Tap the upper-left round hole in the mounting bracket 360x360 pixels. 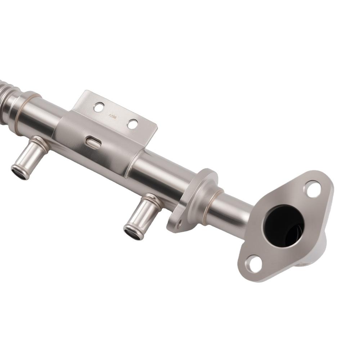tap(98, 107)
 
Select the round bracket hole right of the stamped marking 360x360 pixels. tap(132, 124)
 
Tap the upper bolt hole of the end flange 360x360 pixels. tap(312, 189)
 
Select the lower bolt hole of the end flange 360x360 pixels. tap(254, 265)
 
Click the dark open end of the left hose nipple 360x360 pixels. tap(19, 172)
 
